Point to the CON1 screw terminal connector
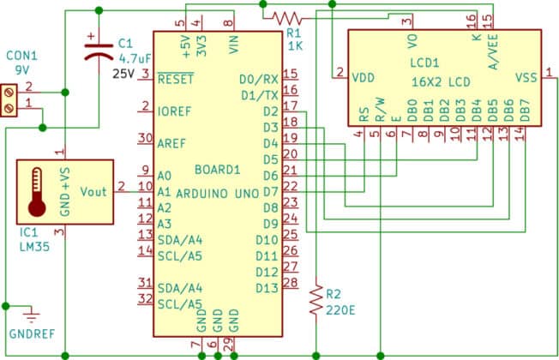pyautogui.click(x=11, y=97)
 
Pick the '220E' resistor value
pyautogui.click(x=339, y=309)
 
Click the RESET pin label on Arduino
pyautogui.click(x=176, y=78)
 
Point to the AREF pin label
pyautogui.click(x=172, y=142)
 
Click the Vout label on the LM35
pyautogui.click(x=93, y=191)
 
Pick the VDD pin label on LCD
pyautogui.click(x=364, y=77)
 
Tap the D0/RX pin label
pyautogui.click(x=259, y=79)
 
